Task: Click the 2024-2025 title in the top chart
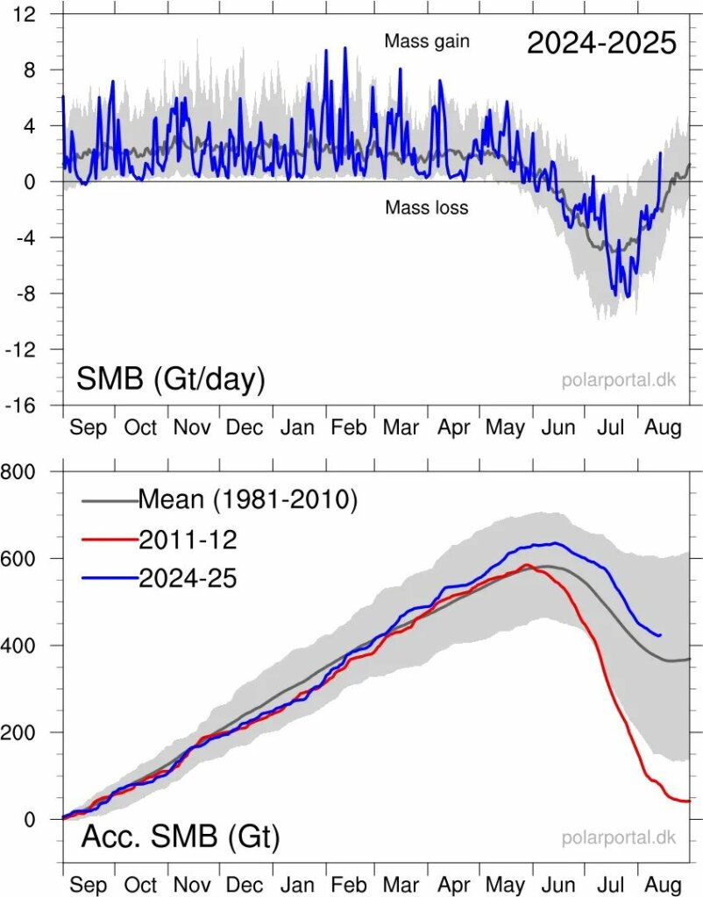click(x=601, y=43)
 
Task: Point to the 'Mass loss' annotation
click(x=426, y=208)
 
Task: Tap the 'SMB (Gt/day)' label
click(x=171, y=378)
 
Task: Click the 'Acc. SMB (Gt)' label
click(x=180, y=837)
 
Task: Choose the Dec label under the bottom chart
click(x=244, y=885)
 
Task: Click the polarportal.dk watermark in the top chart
click(x=619, y=381)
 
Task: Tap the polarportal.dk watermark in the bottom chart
click(x=619, y=838)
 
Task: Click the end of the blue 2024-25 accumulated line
click(x=660, y=635)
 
